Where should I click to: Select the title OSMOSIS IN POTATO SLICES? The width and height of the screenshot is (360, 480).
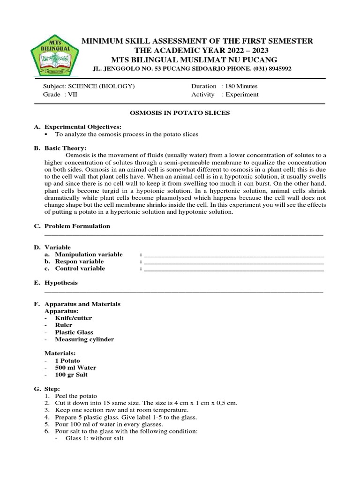[x=180, y=113]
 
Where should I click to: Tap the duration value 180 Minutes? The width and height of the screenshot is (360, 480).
[x=240, y=86]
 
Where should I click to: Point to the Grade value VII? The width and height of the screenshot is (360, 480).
[x=70, y=94]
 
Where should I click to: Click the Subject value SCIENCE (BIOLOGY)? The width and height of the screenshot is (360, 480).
[x=102, y=86]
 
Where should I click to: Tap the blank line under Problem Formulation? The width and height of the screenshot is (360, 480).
[x=183, y=233]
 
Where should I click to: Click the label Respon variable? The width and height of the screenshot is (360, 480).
[x=79, y=262]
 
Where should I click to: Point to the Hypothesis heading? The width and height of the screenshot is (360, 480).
[x=61, y=283]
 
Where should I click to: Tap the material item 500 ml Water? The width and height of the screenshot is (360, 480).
[x=75, y=367]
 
